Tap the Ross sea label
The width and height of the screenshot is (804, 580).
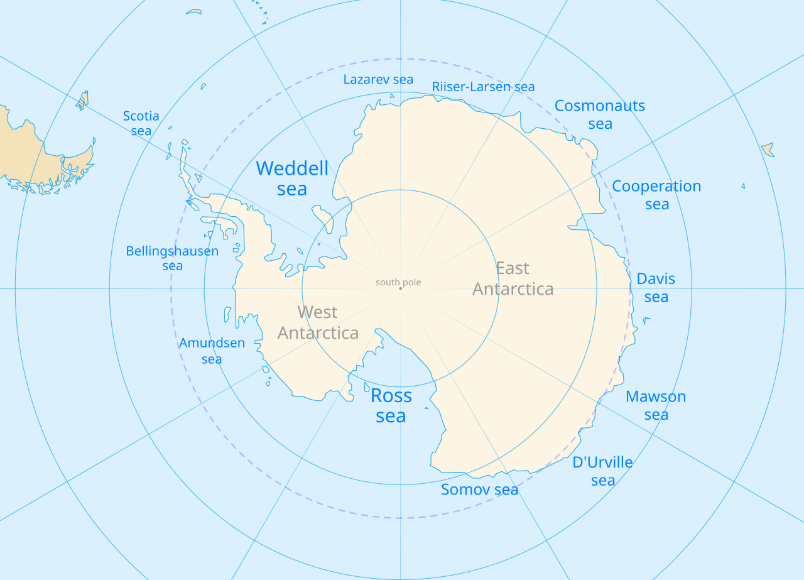click(x=391, y=406)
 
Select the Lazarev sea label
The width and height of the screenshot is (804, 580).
click(x=378, y=80)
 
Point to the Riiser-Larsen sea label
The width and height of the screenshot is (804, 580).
click(x=483, y=87)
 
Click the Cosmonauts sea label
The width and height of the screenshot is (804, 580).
click(x=600, y=114)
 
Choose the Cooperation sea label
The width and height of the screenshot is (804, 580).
click(x=656, y=195)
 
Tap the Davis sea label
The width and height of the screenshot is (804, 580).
click(x=656, y=288)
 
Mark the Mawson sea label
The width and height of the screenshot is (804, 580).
click(x=656, y=405)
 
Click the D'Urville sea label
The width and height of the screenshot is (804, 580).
click(x=602, y=471)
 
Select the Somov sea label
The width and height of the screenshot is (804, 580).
click(x=479, y=490)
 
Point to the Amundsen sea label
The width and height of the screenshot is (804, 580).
click(x=212, y=351)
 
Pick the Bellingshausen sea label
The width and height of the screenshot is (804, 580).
click(x=172, y=258)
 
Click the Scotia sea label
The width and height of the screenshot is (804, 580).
click(x=141, y=123)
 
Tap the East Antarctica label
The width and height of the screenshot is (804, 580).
click(x=513, y=278)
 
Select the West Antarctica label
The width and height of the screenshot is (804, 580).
click(x=318, y=322)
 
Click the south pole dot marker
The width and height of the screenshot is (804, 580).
click(x=400, y=288)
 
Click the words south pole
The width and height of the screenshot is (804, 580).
click(x=398, y=282)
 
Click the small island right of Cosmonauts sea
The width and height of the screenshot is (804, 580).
click(x=768, y=150)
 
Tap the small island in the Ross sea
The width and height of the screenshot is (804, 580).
click(x=426, y=408)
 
